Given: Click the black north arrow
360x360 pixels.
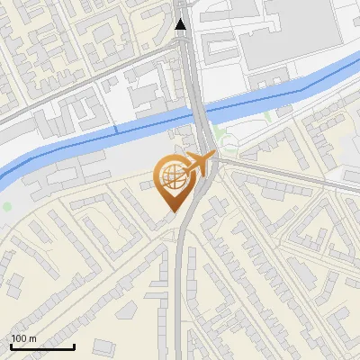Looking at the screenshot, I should (181, 23).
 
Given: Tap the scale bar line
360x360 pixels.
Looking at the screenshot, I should (42, 346).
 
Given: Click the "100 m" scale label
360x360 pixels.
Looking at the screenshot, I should (24, 338).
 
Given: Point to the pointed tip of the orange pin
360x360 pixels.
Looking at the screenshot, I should (171, 211).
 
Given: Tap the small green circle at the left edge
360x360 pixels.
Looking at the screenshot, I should (8, 207).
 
